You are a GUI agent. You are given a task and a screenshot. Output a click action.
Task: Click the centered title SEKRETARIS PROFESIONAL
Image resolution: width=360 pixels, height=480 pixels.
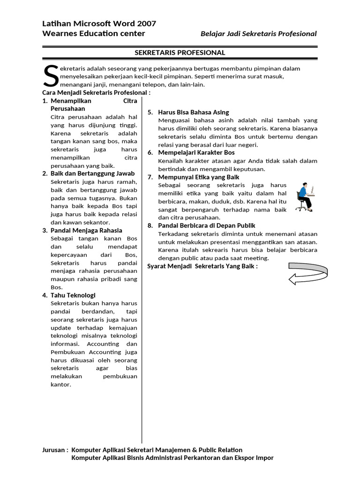pyautogui.click(x=180, y=52)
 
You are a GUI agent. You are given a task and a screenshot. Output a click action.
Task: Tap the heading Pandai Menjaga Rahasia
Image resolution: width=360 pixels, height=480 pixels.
pyautogui.click(x=86, y=230)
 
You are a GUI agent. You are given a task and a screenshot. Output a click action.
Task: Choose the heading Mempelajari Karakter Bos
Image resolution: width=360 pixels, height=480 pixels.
pyautogui.click(x=196, y=152)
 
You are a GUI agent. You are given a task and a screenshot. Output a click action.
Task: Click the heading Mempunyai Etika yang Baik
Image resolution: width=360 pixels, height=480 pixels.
pyautogui.click(x=199, y=177)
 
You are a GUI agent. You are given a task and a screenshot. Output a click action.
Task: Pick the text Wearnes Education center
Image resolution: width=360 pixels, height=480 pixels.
pyautogui.click(x=93, y=33)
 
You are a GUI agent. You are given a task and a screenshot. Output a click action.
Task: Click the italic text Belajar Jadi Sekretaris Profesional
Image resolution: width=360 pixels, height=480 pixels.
pyautogui.click(x=258, y=34)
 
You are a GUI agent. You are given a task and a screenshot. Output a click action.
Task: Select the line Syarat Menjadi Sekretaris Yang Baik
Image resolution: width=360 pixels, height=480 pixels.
pyautogui.click(x=202, y=266)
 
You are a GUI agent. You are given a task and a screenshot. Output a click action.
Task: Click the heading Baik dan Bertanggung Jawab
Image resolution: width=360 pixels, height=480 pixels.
pyautogui.click(x=92, y=173)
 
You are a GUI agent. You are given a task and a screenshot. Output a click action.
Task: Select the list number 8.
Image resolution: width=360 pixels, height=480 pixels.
pyautogui.click(x=150, y=225)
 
